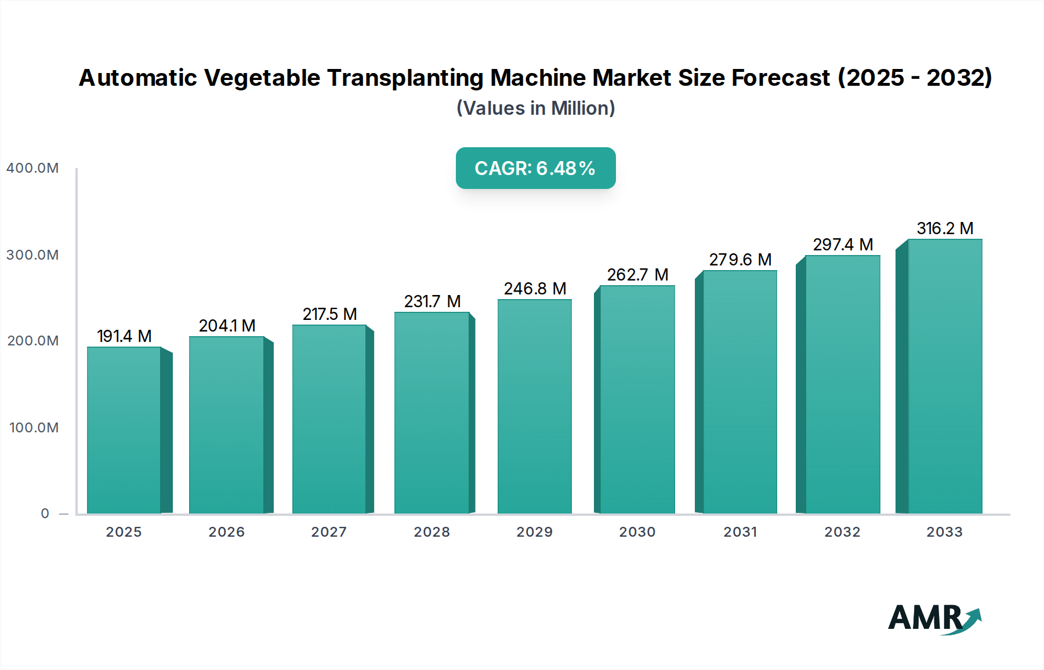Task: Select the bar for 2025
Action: pos(124,430)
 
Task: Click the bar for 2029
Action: pos(534,406)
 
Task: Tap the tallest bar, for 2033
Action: pos(944,376)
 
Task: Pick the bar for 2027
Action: pos(329,419)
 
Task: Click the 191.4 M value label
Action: pos(124,336)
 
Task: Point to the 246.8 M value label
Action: pos(535,289)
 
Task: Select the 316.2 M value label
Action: pos(945,228)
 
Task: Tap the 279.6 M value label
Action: pos(740,260)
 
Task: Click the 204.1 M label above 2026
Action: pos(227,326)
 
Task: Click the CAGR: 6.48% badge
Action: pos(535,168)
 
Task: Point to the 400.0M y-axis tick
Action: pos(32,168)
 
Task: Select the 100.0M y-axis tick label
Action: pos(34,428)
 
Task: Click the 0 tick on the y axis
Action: pos(45,514)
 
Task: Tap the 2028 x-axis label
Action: pos(432,532)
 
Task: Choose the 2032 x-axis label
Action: pos(842,532)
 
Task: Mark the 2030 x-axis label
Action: pos(637,532)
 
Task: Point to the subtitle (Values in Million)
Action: pos(535,108)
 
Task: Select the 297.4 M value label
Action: pos(843,245)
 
